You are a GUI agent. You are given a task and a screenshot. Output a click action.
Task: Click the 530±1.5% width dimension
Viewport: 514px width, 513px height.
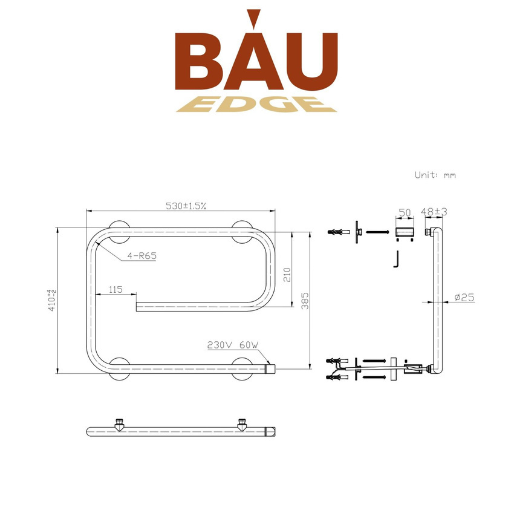186,206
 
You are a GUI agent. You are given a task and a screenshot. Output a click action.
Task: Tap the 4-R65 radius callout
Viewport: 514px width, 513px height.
142,256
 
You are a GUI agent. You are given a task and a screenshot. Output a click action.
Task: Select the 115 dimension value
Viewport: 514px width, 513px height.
115,290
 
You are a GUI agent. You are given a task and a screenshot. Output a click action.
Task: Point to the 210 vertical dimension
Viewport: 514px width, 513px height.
287,275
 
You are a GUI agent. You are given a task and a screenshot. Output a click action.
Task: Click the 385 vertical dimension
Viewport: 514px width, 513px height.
305,301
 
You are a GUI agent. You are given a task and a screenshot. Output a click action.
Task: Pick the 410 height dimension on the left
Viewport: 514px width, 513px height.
52,300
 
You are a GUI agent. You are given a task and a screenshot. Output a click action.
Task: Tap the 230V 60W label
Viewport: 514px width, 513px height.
233,345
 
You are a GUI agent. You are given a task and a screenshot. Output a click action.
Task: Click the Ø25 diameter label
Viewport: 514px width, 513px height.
464,298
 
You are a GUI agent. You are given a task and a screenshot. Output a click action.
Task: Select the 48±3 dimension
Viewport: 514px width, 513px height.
434,212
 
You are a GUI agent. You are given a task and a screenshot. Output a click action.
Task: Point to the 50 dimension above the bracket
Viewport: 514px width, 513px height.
405,212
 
